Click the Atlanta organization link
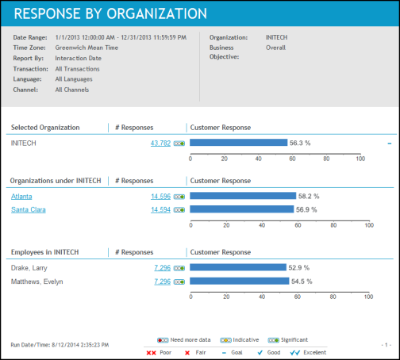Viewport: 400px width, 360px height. click(21, 197)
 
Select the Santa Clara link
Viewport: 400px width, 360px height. click(29, 209)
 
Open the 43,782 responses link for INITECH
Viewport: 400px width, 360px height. click(160, 144)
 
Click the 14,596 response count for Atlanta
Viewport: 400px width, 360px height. click(161, 197)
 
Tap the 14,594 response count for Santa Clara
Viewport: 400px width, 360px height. click(160, 209)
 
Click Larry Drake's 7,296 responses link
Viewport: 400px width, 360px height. click(163, 268)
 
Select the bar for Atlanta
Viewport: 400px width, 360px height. click(243, 196)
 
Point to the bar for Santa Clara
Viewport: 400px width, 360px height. click(242, 209)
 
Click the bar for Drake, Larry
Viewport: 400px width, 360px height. click(238, 267)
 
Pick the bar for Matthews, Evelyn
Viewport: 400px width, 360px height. click(240, 281)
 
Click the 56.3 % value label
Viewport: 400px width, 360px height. click(300, 143)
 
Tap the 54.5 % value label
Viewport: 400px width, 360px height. click(302, 281)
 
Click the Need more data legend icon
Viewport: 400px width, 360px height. click(163, 340)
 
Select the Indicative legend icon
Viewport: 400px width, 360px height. click(225, 340)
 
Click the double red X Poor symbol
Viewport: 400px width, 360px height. click(151, 353)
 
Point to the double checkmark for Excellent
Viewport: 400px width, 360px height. click(295, 353)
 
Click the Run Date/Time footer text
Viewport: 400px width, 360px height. click(60, 345)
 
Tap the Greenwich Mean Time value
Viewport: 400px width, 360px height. click(87, 48)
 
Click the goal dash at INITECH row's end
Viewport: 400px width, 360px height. click(390, 144)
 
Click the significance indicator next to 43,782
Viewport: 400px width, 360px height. click(179, 144)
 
